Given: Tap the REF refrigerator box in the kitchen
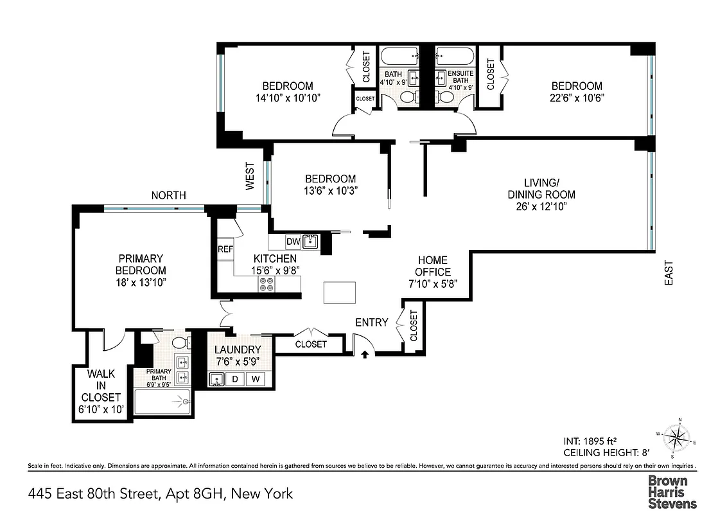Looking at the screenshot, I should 225,249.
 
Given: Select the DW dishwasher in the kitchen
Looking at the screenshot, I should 293,242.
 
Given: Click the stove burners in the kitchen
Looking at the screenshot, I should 265,285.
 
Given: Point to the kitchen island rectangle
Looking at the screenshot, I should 339,293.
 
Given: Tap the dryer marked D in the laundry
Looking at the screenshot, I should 235,379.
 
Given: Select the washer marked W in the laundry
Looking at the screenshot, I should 256,379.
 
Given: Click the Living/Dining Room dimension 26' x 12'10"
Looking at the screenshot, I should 541,206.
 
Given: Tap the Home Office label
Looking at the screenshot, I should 434,266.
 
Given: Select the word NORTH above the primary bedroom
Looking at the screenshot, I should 169,195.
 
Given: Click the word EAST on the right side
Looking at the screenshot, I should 669,272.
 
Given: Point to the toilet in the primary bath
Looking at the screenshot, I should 180,341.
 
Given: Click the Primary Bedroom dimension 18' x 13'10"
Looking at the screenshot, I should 141,283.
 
